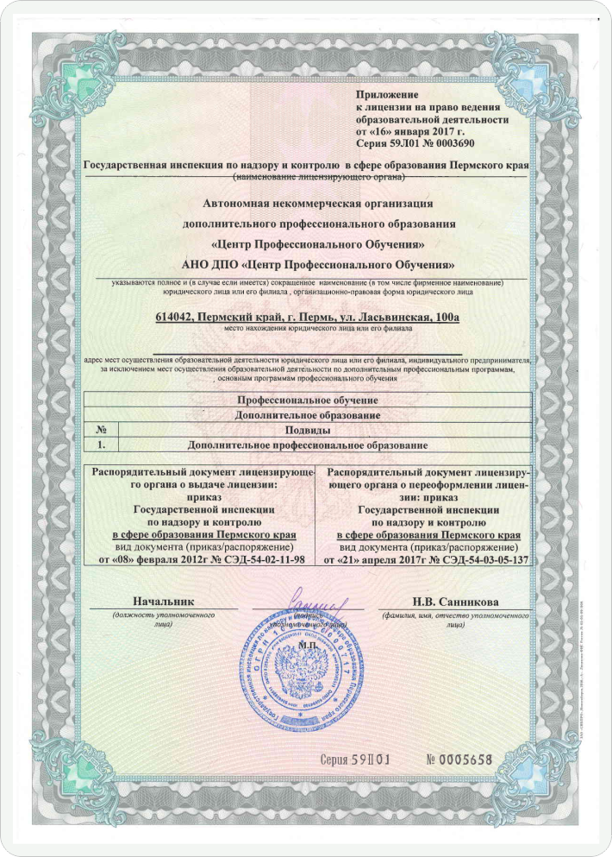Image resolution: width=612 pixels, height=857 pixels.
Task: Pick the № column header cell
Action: pyautogui.click(x=101, y=430)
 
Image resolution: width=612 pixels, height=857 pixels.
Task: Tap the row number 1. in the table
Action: pyautogui.click(x=101, y=444)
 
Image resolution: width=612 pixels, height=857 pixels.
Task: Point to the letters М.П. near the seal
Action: pyautogui.click(x=307, y=641)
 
